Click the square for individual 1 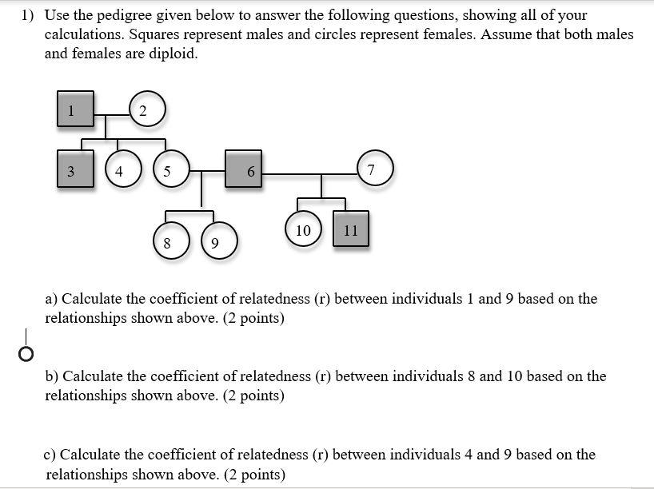coord(75,110)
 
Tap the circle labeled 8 coord(166,241)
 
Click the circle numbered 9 coord(214,241)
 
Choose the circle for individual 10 coord(303,229)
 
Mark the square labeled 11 coord(351,229)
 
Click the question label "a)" coord(51,299)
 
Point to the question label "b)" coord(52,376)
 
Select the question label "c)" coord(50,455)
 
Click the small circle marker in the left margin coord(26,353)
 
